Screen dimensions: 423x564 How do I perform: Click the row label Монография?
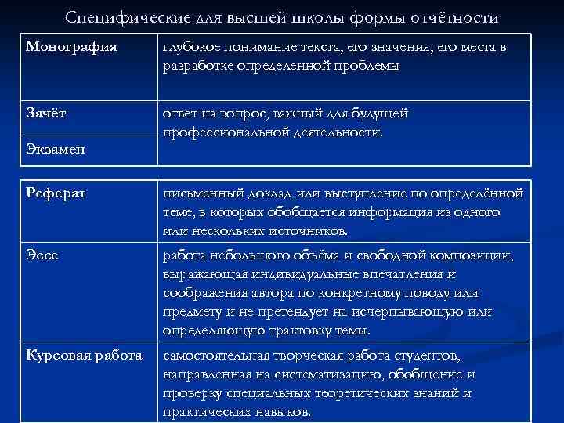tap(71, 47)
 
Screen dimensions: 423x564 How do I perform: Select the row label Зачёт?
tap(45, 113)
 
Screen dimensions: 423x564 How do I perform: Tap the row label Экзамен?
tap(54, 148)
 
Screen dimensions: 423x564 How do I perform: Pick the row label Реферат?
tap(55, 193)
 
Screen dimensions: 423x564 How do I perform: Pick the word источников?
tap(306, 231)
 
